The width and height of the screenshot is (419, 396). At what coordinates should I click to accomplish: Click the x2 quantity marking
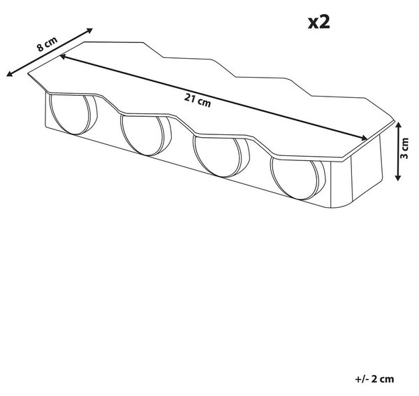point(319,22)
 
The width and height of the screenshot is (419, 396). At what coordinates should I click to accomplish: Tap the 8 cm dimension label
point(47,43)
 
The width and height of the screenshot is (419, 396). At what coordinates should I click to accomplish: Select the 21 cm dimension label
point(198,101)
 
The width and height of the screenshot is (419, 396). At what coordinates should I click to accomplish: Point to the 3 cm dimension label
point(405,148)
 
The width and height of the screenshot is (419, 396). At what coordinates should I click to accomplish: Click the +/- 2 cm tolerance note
point(374,379)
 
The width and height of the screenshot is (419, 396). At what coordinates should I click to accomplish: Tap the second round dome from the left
point(146,135)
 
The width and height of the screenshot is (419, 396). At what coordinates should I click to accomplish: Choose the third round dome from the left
point(221,156)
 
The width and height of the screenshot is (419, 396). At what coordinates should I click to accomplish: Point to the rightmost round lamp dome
point(298,178)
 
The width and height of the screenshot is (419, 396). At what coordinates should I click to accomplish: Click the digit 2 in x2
point(325,22)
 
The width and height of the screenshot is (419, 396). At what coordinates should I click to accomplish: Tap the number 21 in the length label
point(190,99)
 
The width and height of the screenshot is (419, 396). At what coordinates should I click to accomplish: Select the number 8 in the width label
point(41,48)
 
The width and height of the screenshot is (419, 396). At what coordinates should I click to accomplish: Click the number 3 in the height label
point(405,156)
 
